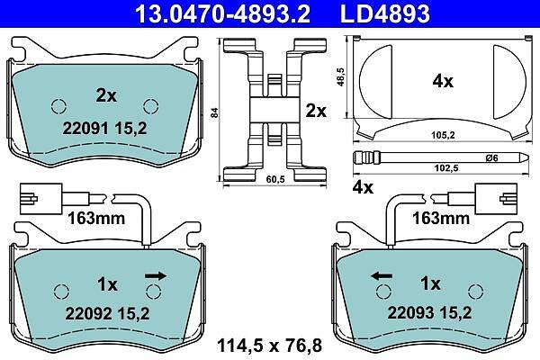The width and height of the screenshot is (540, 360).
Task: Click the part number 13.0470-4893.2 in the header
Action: (x=222, y=13)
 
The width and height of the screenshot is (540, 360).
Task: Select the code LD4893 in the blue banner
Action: (x=385, y=13)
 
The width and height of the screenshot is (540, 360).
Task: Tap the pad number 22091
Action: (x=85, y=129)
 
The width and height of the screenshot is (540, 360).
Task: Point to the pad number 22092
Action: (x=88, y=313)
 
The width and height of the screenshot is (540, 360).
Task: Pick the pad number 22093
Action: (x=411, y=313)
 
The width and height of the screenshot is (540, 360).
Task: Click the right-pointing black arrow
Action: (x=156, y=275)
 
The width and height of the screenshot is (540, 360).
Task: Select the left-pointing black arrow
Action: (x=382, y=275)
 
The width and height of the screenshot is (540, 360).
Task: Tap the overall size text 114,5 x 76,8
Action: (x=270, y=346)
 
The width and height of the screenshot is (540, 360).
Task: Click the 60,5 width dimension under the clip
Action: (x=275, y=179)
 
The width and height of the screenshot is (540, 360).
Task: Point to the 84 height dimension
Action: (x=214, y=112)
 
